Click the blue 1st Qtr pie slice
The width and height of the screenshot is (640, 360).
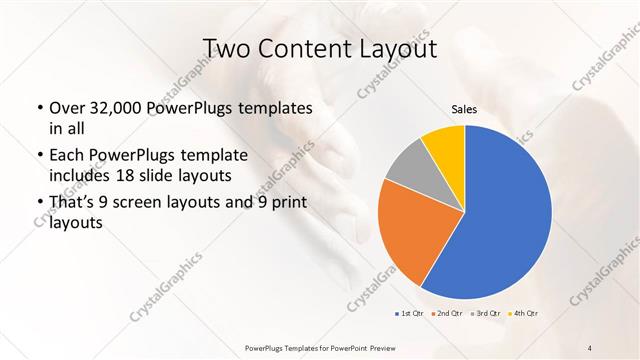pyautogui.click(x=505, y=220)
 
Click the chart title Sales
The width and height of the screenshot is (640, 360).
pyautogui.click(x=464, y=109)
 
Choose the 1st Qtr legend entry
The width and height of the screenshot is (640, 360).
pyautogui.click(x=409, y=314)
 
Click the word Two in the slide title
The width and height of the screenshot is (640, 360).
pyautogui.click(x=228, y=49)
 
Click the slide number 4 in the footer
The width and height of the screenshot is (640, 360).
pyautogui.click(x=590, y=347)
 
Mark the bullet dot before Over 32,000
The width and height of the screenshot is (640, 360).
pyautogui.click(x=38, y=108)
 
